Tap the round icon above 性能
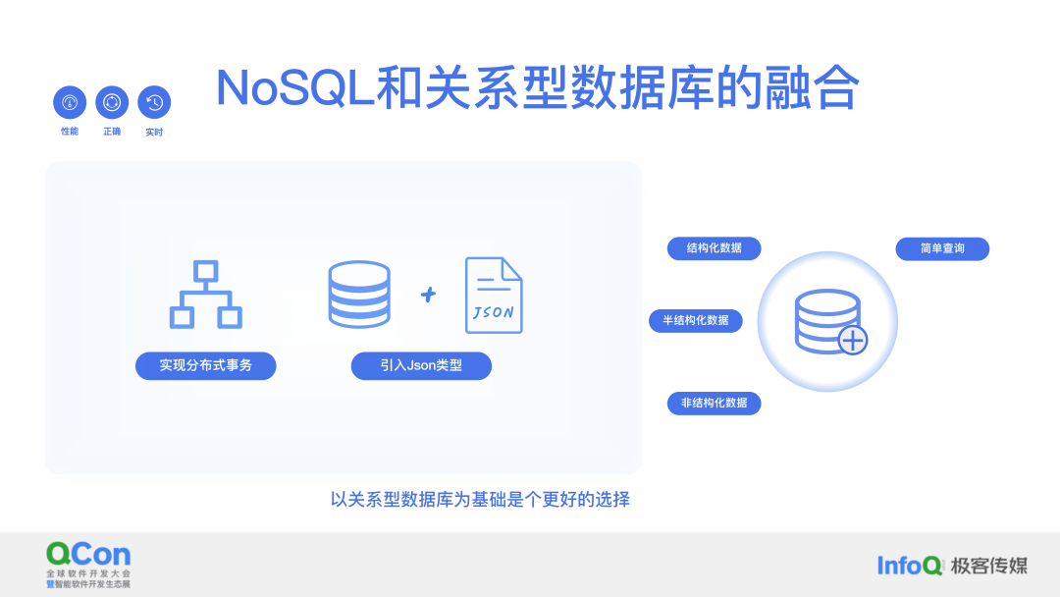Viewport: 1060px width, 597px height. click(70, 102)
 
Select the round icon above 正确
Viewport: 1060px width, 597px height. click(112, 102)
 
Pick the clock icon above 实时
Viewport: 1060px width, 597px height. click(154, 102)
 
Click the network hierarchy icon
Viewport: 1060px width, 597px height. click(206, 295)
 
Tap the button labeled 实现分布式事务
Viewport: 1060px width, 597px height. click(206, 365)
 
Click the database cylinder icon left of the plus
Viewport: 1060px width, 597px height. click(358, 294)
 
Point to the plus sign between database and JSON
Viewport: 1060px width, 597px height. click(428, 294)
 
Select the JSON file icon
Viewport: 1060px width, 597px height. click(494, 295)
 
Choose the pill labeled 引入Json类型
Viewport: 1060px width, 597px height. click(421, 365)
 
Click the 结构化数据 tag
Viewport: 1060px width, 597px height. click(715, 248)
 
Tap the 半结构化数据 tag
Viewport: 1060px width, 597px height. click(696, 320)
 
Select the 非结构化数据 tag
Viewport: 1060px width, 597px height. click(715, 403)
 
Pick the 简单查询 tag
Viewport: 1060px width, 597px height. click(942, 248)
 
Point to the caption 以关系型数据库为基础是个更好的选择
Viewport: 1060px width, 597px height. click(480, 499)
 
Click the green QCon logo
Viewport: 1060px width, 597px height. click(88, 554)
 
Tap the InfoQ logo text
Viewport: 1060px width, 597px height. click(910, 565)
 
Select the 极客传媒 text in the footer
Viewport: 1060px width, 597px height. click(989, 565)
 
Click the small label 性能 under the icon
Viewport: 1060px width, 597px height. click(70, 132)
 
